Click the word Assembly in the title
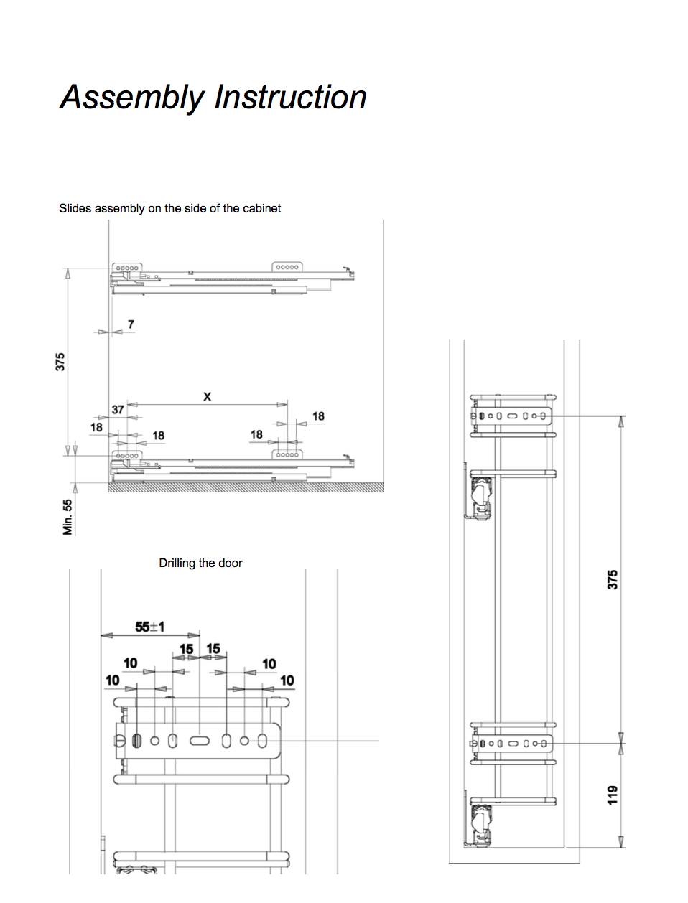pos(132,98)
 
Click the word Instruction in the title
pos(291,97)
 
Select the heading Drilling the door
pos(200,563)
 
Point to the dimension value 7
pos(131,324)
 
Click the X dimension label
pos(207,396)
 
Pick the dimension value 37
pos(118,410)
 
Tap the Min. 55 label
pos(68,517)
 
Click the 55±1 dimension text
pos(150,627)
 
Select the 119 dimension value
pos(613,795)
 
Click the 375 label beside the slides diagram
pos(60,362)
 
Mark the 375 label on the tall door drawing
pos(613,580)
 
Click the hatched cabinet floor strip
pos(246,487)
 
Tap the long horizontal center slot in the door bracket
pos(200,741)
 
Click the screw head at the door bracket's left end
pos(120,741)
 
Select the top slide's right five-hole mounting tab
pos(287,267)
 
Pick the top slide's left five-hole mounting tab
pos(126,268)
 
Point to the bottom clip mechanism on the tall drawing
pos(480,826)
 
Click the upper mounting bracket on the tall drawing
pos(511,416)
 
